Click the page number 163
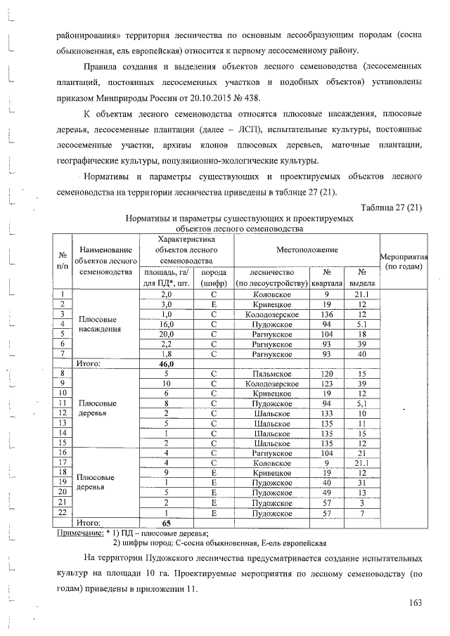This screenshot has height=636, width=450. (414, 602)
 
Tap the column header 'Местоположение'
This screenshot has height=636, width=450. (307, 250)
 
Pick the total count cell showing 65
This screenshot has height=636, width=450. (167, 523)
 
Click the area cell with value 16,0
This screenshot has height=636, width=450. (167, 324)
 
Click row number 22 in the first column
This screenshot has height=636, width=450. (63, 513)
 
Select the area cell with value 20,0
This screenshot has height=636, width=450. (167, 334)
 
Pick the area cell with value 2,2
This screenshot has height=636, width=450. (167, 344)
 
